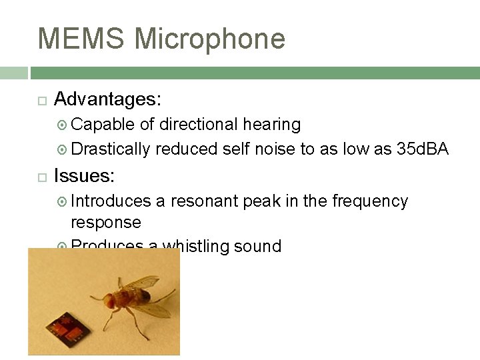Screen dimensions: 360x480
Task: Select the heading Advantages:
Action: tap(107, 99)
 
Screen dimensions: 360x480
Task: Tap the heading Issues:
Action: tap(84, 176)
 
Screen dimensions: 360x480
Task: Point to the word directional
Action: tap(198, 125)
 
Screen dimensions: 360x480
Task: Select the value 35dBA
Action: tap(423, 149)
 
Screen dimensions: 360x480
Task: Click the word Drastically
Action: tap(111, 149)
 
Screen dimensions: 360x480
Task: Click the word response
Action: tap(105, 222)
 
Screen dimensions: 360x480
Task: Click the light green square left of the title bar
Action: tap(13, 73)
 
